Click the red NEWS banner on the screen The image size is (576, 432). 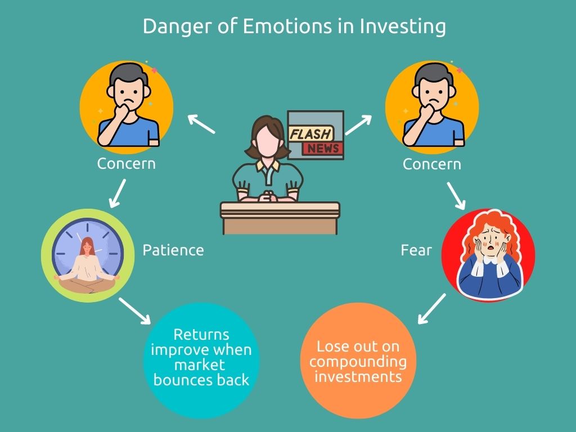pos(322,148)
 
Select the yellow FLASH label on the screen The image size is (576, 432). pos(310,134)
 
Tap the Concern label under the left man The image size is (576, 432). pos(126,164)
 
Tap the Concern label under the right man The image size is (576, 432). pos(431,164)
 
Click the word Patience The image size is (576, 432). pos(173,250)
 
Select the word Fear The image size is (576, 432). pos(416,250)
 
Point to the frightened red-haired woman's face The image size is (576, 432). pos(488,246)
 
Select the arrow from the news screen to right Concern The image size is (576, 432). pos(358,124)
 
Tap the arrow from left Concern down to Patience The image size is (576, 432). pos(118,192)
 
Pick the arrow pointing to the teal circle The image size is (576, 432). pos(135,311)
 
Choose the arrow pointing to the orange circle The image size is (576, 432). pos(431,310)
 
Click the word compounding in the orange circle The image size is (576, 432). pos(358,361)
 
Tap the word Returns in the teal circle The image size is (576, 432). pos(201,335)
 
